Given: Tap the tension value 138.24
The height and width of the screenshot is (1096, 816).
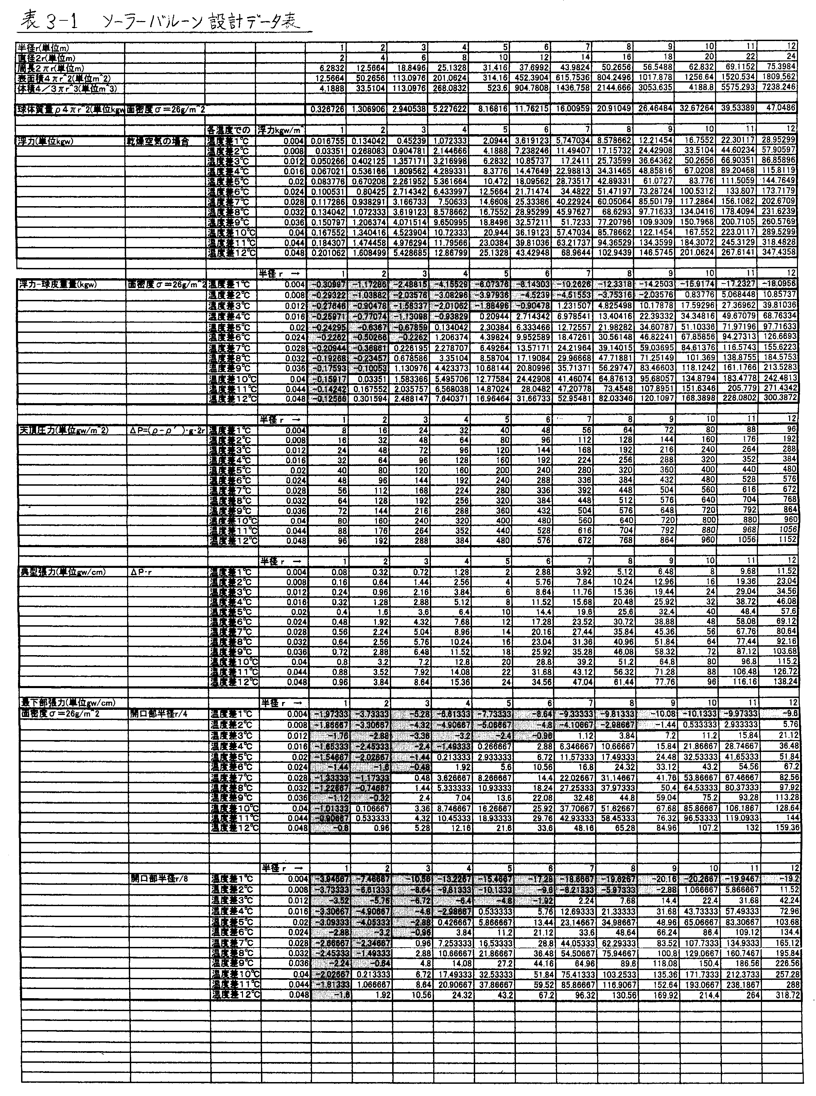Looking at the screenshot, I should pos(784,681).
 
